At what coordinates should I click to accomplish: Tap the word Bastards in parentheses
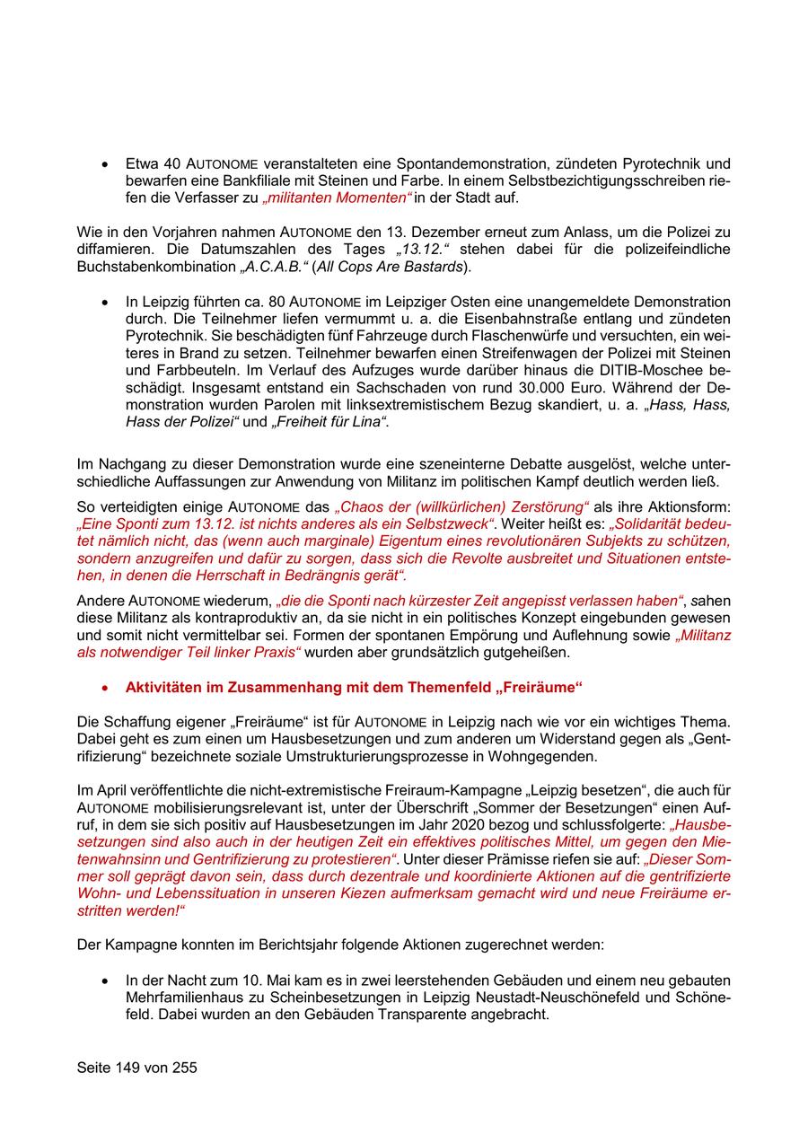[x=432, y=267]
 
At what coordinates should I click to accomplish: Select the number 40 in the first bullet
[x=174, y=164]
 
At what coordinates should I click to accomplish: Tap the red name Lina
[x=369, y=421]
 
